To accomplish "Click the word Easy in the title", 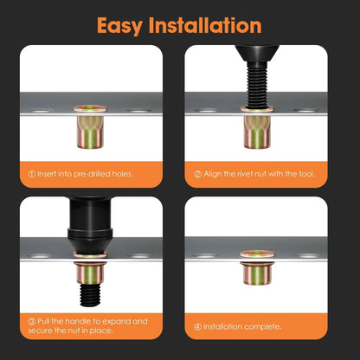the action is [x=119, y=26].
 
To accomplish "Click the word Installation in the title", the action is [x=205, y=25].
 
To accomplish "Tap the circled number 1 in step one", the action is [x=32, y=174].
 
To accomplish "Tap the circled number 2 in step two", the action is [x=198, y=174].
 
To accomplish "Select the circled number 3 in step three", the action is [x=32, y=322].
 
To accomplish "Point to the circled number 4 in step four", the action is [x=197, y=327].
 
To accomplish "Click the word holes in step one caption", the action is [x=122, y=174].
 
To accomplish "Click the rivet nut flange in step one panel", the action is [x=90, y=108].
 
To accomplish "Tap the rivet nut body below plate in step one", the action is [x=90, y=132].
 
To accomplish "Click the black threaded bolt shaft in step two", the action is [x=257, y=87].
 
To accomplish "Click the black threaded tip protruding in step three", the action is [x=90, y=295].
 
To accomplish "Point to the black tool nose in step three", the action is [x=90, y=240].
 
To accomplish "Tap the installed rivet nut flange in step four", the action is [x=257, y=254].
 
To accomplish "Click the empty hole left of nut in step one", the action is [x=41, y=111].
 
